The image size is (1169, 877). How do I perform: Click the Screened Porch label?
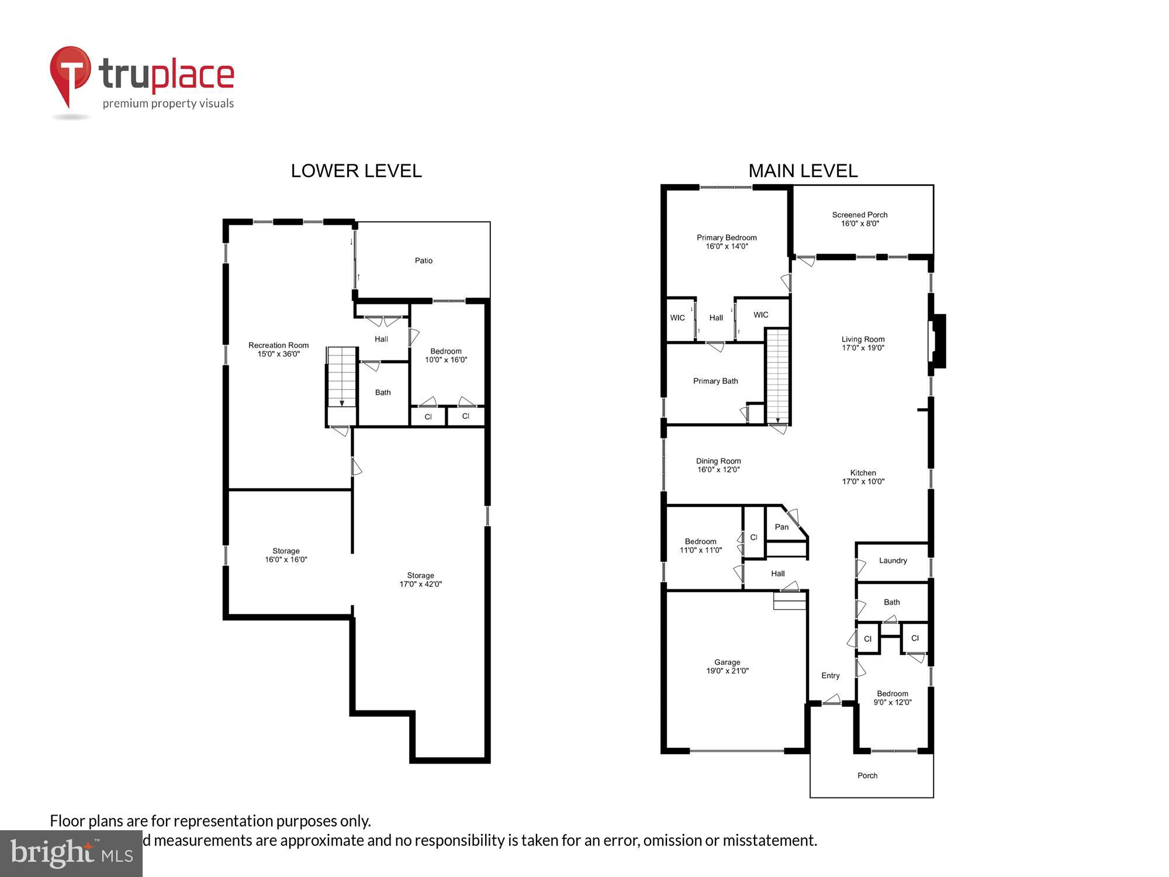point(860,219)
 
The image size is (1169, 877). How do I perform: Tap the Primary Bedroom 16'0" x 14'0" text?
point(727,241)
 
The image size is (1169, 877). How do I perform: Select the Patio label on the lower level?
point(424,261)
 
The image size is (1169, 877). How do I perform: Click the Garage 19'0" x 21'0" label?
point(727,667)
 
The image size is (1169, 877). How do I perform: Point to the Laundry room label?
point(893,561)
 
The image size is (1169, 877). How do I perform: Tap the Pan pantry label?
point(781,527)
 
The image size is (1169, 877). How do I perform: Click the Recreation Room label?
point(278,349)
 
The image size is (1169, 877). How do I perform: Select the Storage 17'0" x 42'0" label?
point(420,579)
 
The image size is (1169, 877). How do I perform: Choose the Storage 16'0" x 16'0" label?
point(286,555)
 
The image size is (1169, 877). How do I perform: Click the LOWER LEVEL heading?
point(356,171)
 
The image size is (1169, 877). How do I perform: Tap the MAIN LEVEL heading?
point(803,171)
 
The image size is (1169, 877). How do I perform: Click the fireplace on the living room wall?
point(937,341)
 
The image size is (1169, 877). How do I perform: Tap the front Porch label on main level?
point(867,776)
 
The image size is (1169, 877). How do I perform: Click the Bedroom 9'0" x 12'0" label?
point(892,698)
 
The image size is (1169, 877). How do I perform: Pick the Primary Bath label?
point(715,381)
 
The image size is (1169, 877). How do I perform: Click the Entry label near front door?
point(830,676)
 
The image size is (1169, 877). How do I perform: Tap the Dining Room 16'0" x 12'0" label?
point(718,465)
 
